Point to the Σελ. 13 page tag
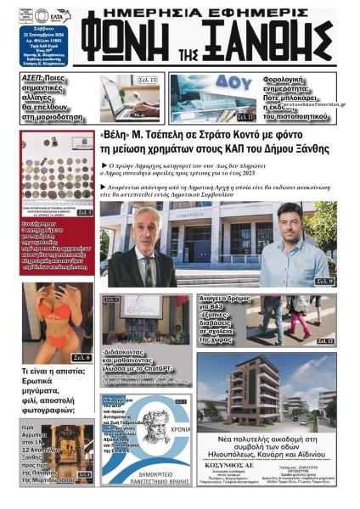point(147,80)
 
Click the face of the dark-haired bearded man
point(293,224)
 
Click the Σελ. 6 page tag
point(82,357)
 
